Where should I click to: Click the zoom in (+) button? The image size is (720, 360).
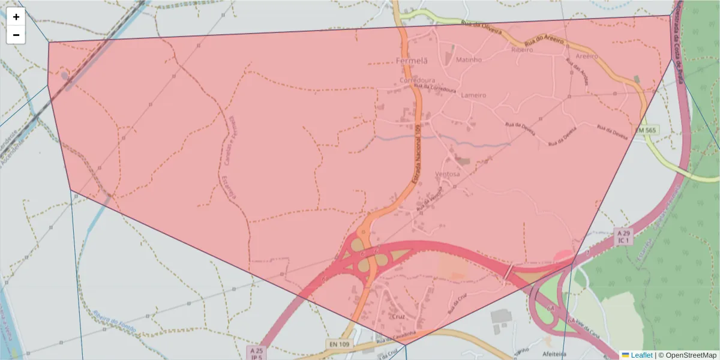coord(16,17)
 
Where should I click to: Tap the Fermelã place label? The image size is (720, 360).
coord(412,61)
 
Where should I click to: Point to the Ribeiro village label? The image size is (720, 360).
coord(521,50)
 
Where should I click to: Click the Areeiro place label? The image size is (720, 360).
coord(586,56)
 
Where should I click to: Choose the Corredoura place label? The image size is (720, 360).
coord(417,79)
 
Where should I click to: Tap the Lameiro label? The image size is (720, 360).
coord(473,95)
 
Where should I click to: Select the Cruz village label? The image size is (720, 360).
coord(398,316)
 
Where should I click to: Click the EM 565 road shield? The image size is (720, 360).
coord(646,130)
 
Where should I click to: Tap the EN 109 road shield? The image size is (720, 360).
coord(340,344)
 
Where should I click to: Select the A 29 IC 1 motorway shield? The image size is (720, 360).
coord(624,236)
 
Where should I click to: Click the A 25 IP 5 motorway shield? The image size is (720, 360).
coord(257,353)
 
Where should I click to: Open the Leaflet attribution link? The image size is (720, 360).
coord(641,355)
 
